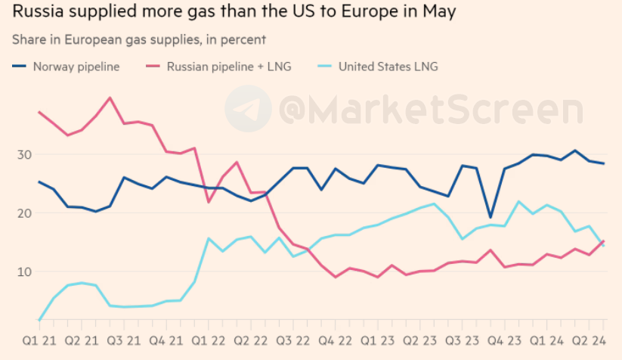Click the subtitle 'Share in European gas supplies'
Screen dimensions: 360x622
click(138, 39)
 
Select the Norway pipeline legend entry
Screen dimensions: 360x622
click(67, 67)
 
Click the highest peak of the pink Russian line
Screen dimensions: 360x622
click(110, 98)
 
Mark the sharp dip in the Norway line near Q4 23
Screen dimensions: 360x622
click(490, 217)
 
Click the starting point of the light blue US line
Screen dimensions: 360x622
click(39, 320)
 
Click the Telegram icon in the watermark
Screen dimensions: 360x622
click(249, 110)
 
